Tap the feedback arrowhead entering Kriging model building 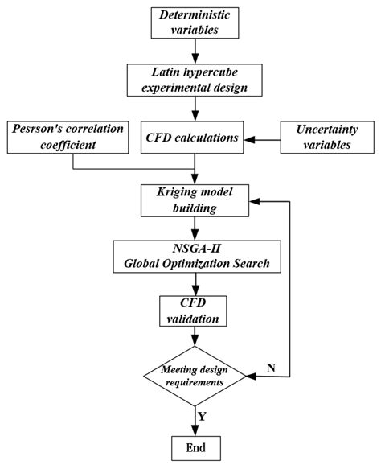point(251,200)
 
